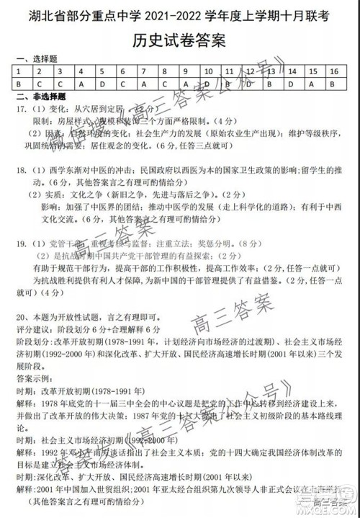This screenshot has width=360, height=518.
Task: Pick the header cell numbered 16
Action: (333, 72)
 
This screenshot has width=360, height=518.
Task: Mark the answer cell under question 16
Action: (333, 84)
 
